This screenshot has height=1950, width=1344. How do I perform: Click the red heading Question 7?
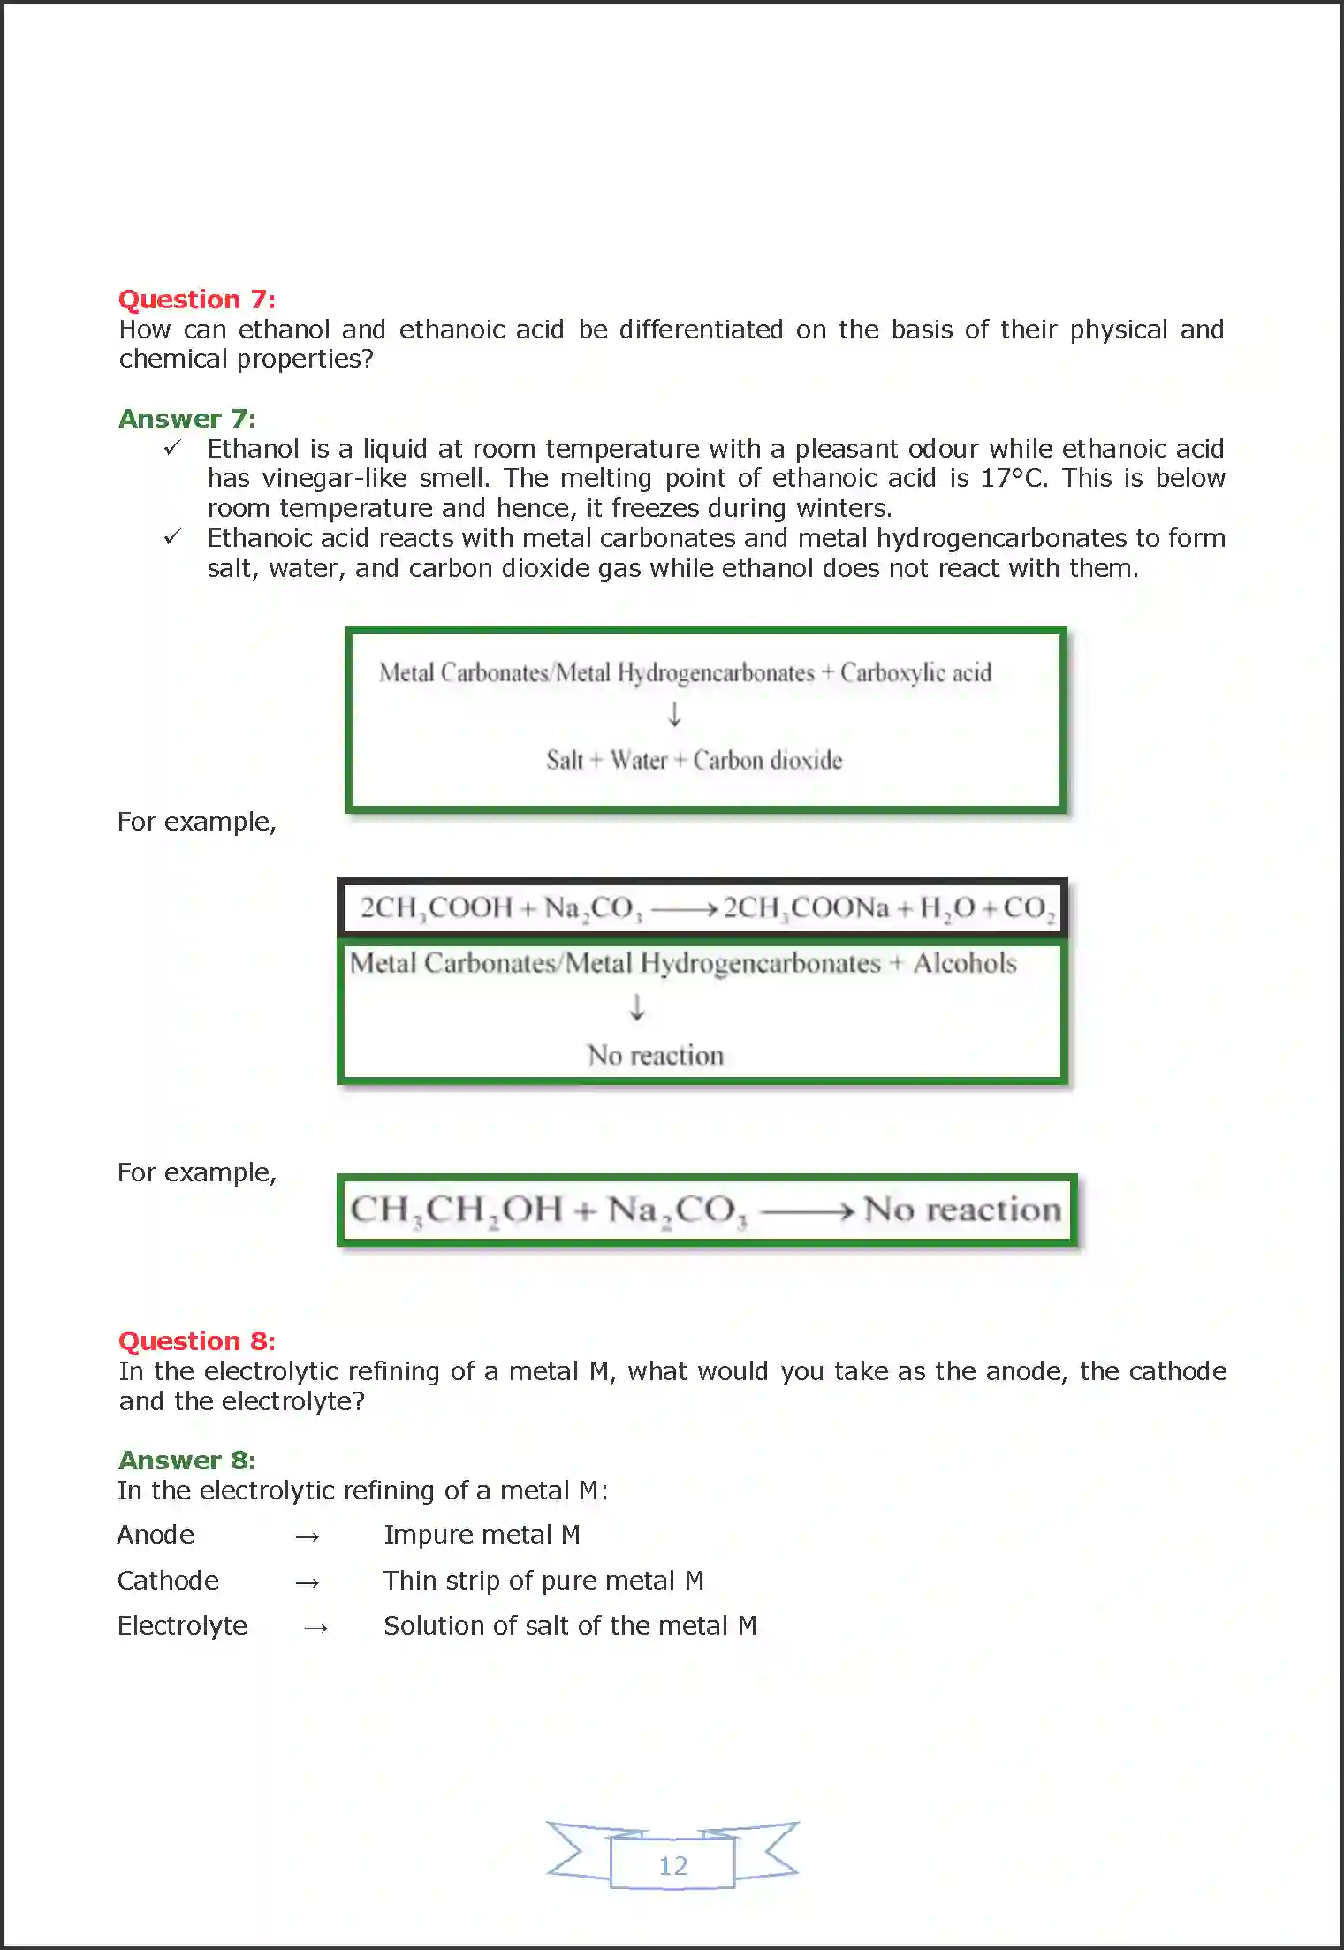(196, 300)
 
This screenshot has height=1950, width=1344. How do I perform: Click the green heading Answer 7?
(186, 419)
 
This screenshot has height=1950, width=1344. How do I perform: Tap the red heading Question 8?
(196, 1341)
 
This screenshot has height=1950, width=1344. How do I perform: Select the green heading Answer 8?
(186, 1461)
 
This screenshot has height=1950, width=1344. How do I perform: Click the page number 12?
(672, 1865)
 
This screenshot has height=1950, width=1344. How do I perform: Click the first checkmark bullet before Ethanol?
(172, 448)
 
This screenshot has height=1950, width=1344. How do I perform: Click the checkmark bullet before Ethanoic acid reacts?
(172, 537)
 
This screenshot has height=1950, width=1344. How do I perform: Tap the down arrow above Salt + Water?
(674, 714)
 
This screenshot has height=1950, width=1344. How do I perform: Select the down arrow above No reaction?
(636, 1007)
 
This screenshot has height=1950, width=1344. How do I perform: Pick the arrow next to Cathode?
(307, 1582)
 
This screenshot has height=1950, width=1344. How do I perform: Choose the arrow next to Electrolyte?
(315, 1628)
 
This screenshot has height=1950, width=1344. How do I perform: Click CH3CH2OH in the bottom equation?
(455, 1210)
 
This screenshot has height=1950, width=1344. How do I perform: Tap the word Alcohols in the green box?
(964, 963)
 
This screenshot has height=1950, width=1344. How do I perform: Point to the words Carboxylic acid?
(915, 673)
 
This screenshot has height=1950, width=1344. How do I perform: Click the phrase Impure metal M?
(482, 1535)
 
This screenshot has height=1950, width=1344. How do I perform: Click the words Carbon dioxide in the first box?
(767, 761)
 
